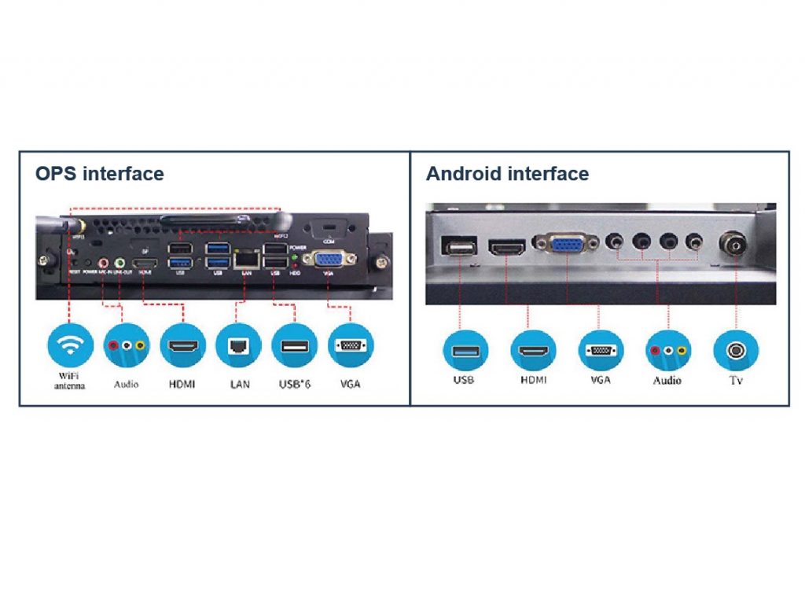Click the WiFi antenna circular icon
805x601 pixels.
(x=70, y=346)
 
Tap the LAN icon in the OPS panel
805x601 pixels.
(x=239, y=346)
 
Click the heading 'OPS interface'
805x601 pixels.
(x=100, y=174)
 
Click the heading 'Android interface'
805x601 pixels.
(x=507, y=174)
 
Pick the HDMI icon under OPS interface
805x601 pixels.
(x=183, y=346)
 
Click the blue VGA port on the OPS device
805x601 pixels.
(x=328, y=259)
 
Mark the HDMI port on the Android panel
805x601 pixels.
(x=507, y=248)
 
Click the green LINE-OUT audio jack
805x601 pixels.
(x=119, y=262)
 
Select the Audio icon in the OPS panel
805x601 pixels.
(x=126, y=346)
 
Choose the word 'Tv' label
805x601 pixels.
(x=736, y=381)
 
